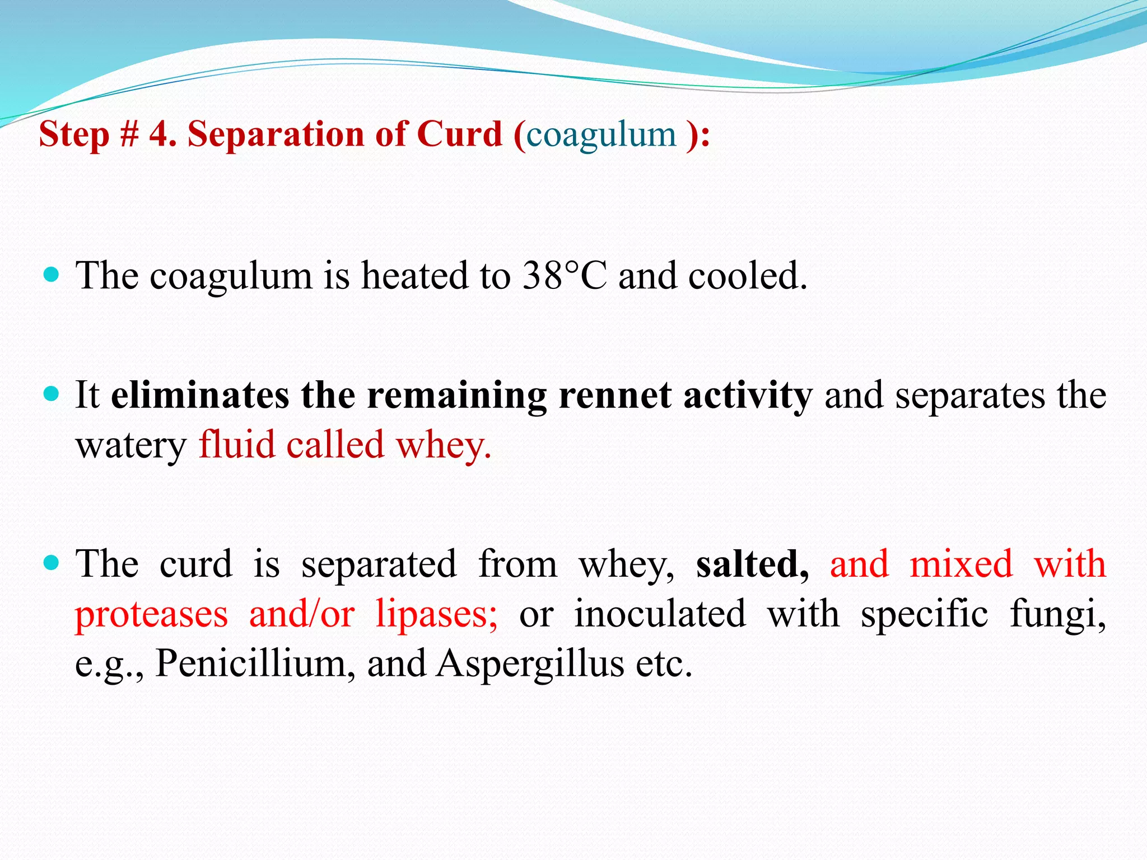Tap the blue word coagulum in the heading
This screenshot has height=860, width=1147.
click(601, 135)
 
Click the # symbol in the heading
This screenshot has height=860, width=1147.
click(129, 134)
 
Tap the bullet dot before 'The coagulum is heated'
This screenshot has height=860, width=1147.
click(51, 275)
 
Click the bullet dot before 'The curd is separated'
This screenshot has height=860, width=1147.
click(51, 563)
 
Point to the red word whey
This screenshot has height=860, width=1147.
click(443, 445)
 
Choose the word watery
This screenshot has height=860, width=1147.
click(131, 446)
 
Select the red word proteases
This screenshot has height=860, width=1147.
click(151, 614)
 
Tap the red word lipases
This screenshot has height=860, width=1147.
click(436, 614)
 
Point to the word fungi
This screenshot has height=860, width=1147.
click(1057, 614)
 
